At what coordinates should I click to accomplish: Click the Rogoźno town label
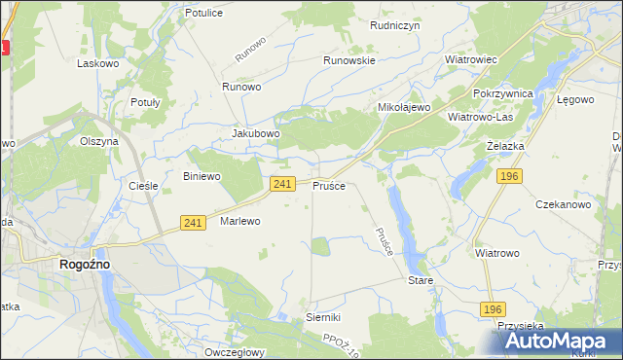(85, 264)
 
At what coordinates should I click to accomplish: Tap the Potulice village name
(204, 14)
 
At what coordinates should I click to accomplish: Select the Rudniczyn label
(394, 26)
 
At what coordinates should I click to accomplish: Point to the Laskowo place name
(97, 62)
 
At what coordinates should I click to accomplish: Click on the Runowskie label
(349, 59)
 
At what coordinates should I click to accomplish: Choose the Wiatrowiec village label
(471, 59)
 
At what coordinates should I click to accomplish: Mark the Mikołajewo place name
(404, 107)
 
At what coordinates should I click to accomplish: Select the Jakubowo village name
(256, 133)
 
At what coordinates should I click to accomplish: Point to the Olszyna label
(99, 141)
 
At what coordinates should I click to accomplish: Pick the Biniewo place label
(202, 176)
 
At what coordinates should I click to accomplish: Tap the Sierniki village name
(322, 317)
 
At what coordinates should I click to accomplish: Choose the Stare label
(420, 279)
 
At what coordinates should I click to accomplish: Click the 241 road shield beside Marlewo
(193, 223)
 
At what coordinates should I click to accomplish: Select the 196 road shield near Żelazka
(508, 176)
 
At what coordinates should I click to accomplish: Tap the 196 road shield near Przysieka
(494, 308)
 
